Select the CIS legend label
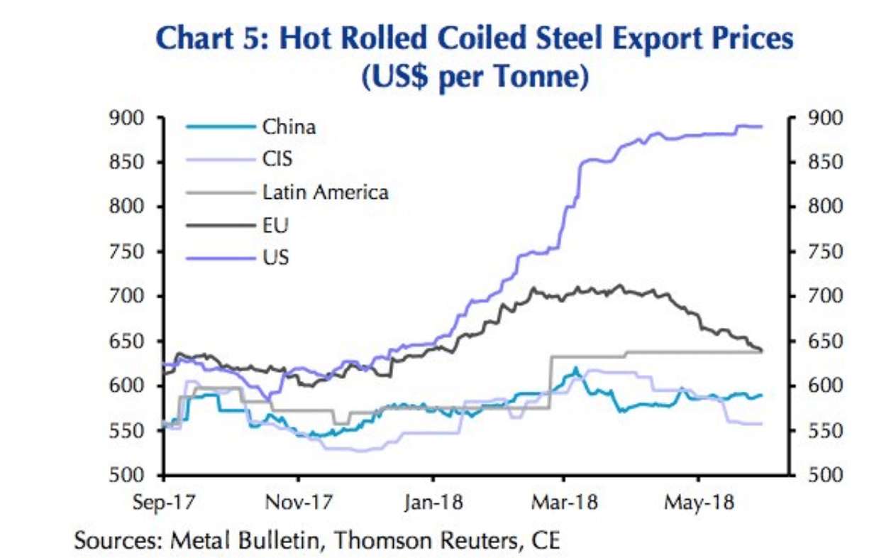277,159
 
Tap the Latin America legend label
325,192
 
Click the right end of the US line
762,127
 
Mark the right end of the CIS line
762,424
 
